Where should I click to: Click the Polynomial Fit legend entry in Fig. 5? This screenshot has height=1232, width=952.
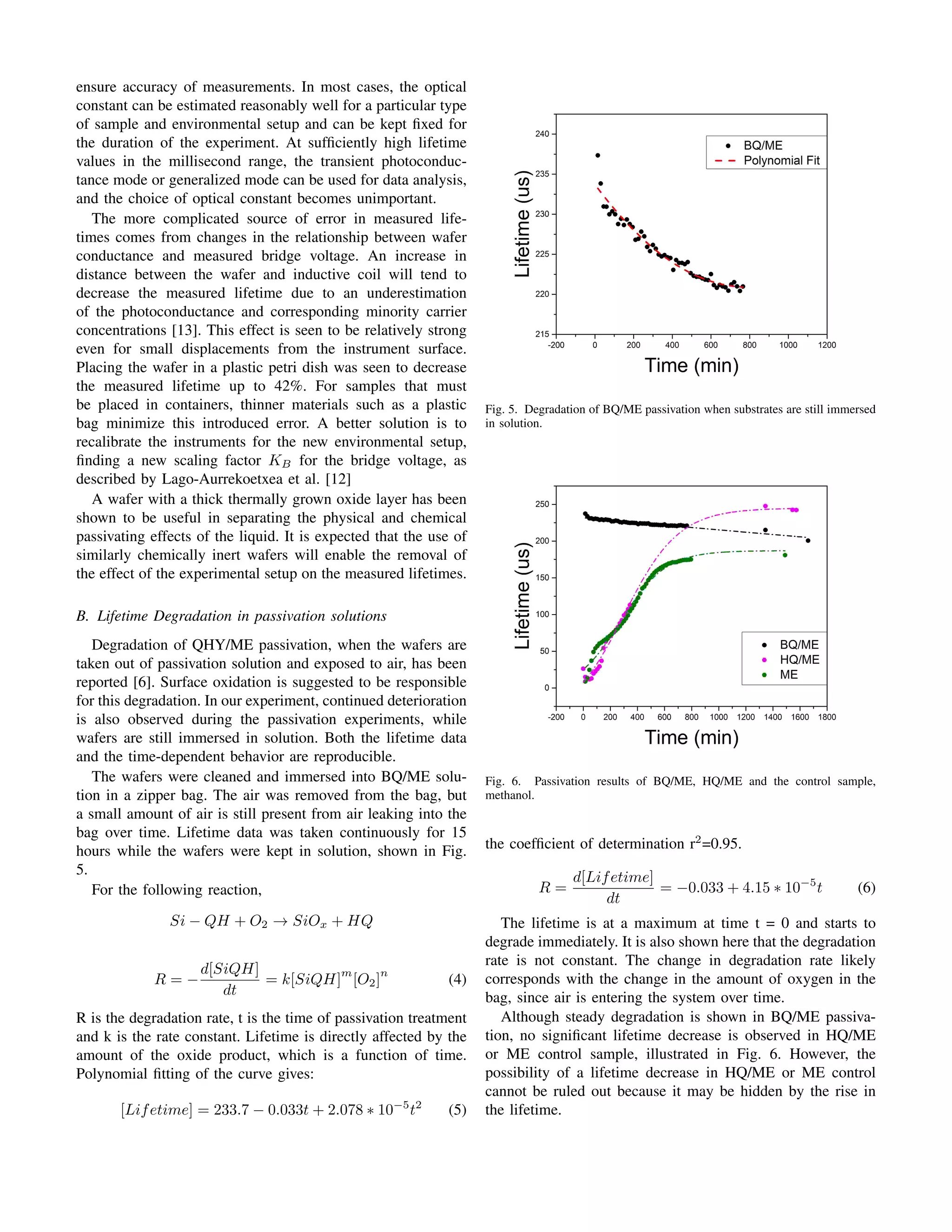coord(780,161)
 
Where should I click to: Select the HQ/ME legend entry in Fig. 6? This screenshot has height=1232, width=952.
coord(799,659)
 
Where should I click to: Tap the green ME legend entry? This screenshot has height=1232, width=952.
coord(788,675)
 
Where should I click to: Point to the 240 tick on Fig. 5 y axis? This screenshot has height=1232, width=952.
coord(542,134)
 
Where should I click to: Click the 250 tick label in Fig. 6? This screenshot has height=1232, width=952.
coord(542,504)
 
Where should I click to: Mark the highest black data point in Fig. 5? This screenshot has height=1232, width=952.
coord(598,155)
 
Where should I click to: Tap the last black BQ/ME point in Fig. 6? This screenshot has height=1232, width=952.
coord(808,540)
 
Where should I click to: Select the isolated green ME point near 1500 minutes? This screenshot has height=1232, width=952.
coord(785,555)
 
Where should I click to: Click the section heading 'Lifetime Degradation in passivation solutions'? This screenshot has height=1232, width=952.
coord(241,616)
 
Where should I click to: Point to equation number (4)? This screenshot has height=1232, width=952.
coord(457,979)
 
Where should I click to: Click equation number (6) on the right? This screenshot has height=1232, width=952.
coord(866,888)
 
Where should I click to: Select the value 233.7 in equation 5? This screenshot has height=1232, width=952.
coord(231,1110)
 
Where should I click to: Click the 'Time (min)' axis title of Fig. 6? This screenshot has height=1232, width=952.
coord(691,737)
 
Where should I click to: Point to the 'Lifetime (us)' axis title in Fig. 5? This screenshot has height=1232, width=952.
coord(523,224)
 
